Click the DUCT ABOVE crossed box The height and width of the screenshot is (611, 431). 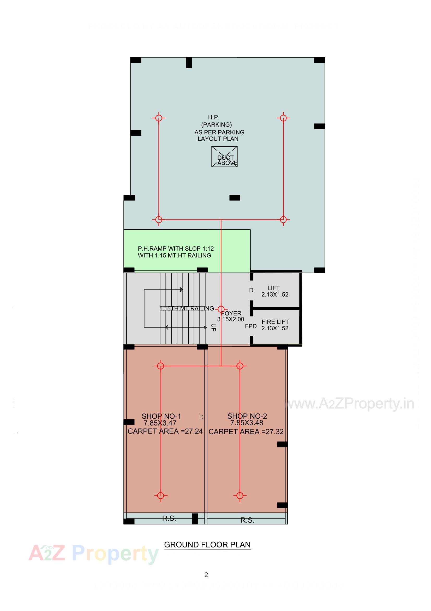224,157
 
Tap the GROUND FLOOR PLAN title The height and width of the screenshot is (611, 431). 207,544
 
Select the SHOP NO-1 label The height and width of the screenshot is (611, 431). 161,416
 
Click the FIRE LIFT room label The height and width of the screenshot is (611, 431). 275,322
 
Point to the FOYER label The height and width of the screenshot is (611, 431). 231,314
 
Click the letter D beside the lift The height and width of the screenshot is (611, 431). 251,290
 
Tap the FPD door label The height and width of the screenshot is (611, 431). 250,326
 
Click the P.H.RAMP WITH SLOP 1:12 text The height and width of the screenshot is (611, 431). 176,249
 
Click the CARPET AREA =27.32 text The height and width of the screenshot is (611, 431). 246,432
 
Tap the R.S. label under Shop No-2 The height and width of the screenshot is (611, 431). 247,520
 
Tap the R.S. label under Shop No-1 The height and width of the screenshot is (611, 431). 169,518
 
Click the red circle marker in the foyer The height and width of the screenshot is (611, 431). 221,309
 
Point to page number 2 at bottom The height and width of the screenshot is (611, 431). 206,575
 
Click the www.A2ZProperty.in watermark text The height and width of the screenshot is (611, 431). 349,404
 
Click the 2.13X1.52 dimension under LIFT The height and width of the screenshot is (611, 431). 274,295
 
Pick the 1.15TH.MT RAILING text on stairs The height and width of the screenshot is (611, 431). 187,308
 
